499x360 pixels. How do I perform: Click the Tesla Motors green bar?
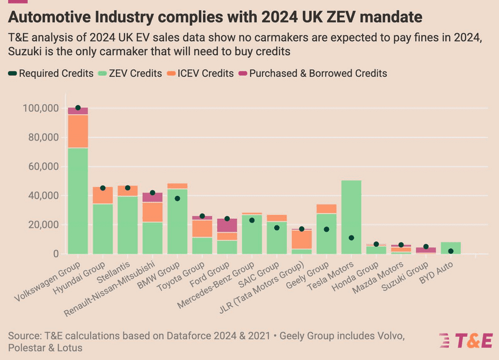351,217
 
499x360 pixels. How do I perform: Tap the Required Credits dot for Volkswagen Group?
78,108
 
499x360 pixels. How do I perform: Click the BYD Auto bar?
451,248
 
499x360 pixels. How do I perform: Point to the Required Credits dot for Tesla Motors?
351,238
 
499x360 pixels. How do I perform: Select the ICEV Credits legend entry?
204,74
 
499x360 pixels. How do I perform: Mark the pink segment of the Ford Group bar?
227,225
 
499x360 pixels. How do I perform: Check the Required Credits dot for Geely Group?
326,229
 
